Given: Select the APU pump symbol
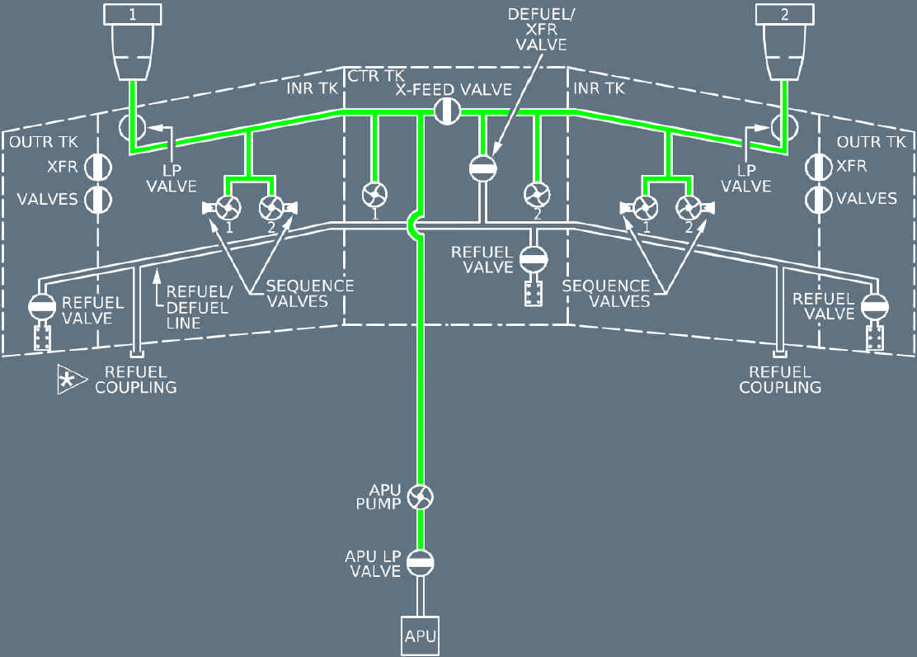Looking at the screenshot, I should click(x=421, y=498).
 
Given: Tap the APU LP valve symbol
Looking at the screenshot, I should click(x=421, y=564).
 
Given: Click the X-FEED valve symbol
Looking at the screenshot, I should click(x=447, y=110).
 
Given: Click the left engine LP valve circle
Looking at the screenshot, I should click(x=132, y=127).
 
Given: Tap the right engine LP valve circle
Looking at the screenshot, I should click(x=783, y=127).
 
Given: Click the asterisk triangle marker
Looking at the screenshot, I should click(x=70, y=380).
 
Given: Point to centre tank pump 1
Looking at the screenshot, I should click(x=374, y=196).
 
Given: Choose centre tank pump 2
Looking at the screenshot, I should click(x=537, y=196).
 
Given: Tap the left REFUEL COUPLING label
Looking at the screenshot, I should click(x=136, y=380).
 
